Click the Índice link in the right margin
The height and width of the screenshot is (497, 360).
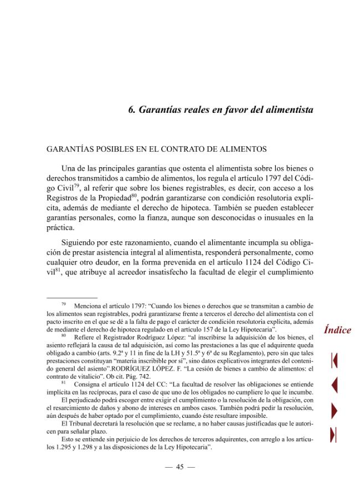(x=337, y=330)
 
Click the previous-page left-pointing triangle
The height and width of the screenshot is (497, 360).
(x=334, y=384)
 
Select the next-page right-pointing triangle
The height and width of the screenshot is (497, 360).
(x=334, y=410)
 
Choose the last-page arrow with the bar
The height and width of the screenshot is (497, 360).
(x=334, y=435)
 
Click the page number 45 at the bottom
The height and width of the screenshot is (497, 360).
(x=179, y=467)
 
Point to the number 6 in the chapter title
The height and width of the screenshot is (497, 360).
(x=131, y=110)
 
